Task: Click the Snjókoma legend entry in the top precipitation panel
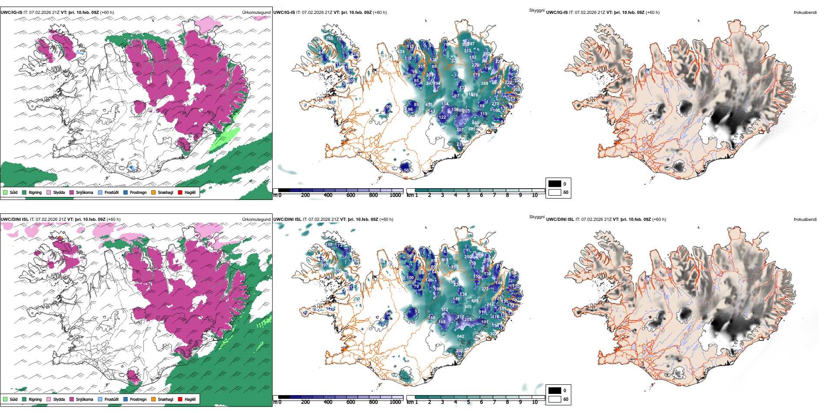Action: (84, 192)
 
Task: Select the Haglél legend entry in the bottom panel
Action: (190, 399)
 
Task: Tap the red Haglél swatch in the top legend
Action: (180, 192)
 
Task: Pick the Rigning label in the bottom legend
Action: (35, 399)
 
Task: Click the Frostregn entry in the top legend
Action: (138, 192)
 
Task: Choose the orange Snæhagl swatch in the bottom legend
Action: (153, 399)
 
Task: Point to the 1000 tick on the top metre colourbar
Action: (395, 195)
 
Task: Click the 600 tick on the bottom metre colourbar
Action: (351, 402)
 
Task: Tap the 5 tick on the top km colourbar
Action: (468, 195)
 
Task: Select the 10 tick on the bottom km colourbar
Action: (535, 402)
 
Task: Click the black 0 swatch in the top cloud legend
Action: (555, 184)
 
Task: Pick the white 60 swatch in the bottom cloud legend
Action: (555, 399)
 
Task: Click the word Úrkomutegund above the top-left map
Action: (256, 13)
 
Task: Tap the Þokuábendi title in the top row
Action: (805, 13)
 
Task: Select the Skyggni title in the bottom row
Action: (536, 217)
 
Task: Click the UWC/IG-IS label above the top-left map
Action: (11, 13)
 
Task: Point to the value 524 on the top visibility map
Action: (401, 51)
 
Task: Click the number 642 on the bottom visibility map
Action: (460, 336)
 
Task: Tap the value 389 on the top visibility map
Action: (484, 83)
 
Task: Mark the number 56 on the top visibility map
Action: (406, 170)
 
